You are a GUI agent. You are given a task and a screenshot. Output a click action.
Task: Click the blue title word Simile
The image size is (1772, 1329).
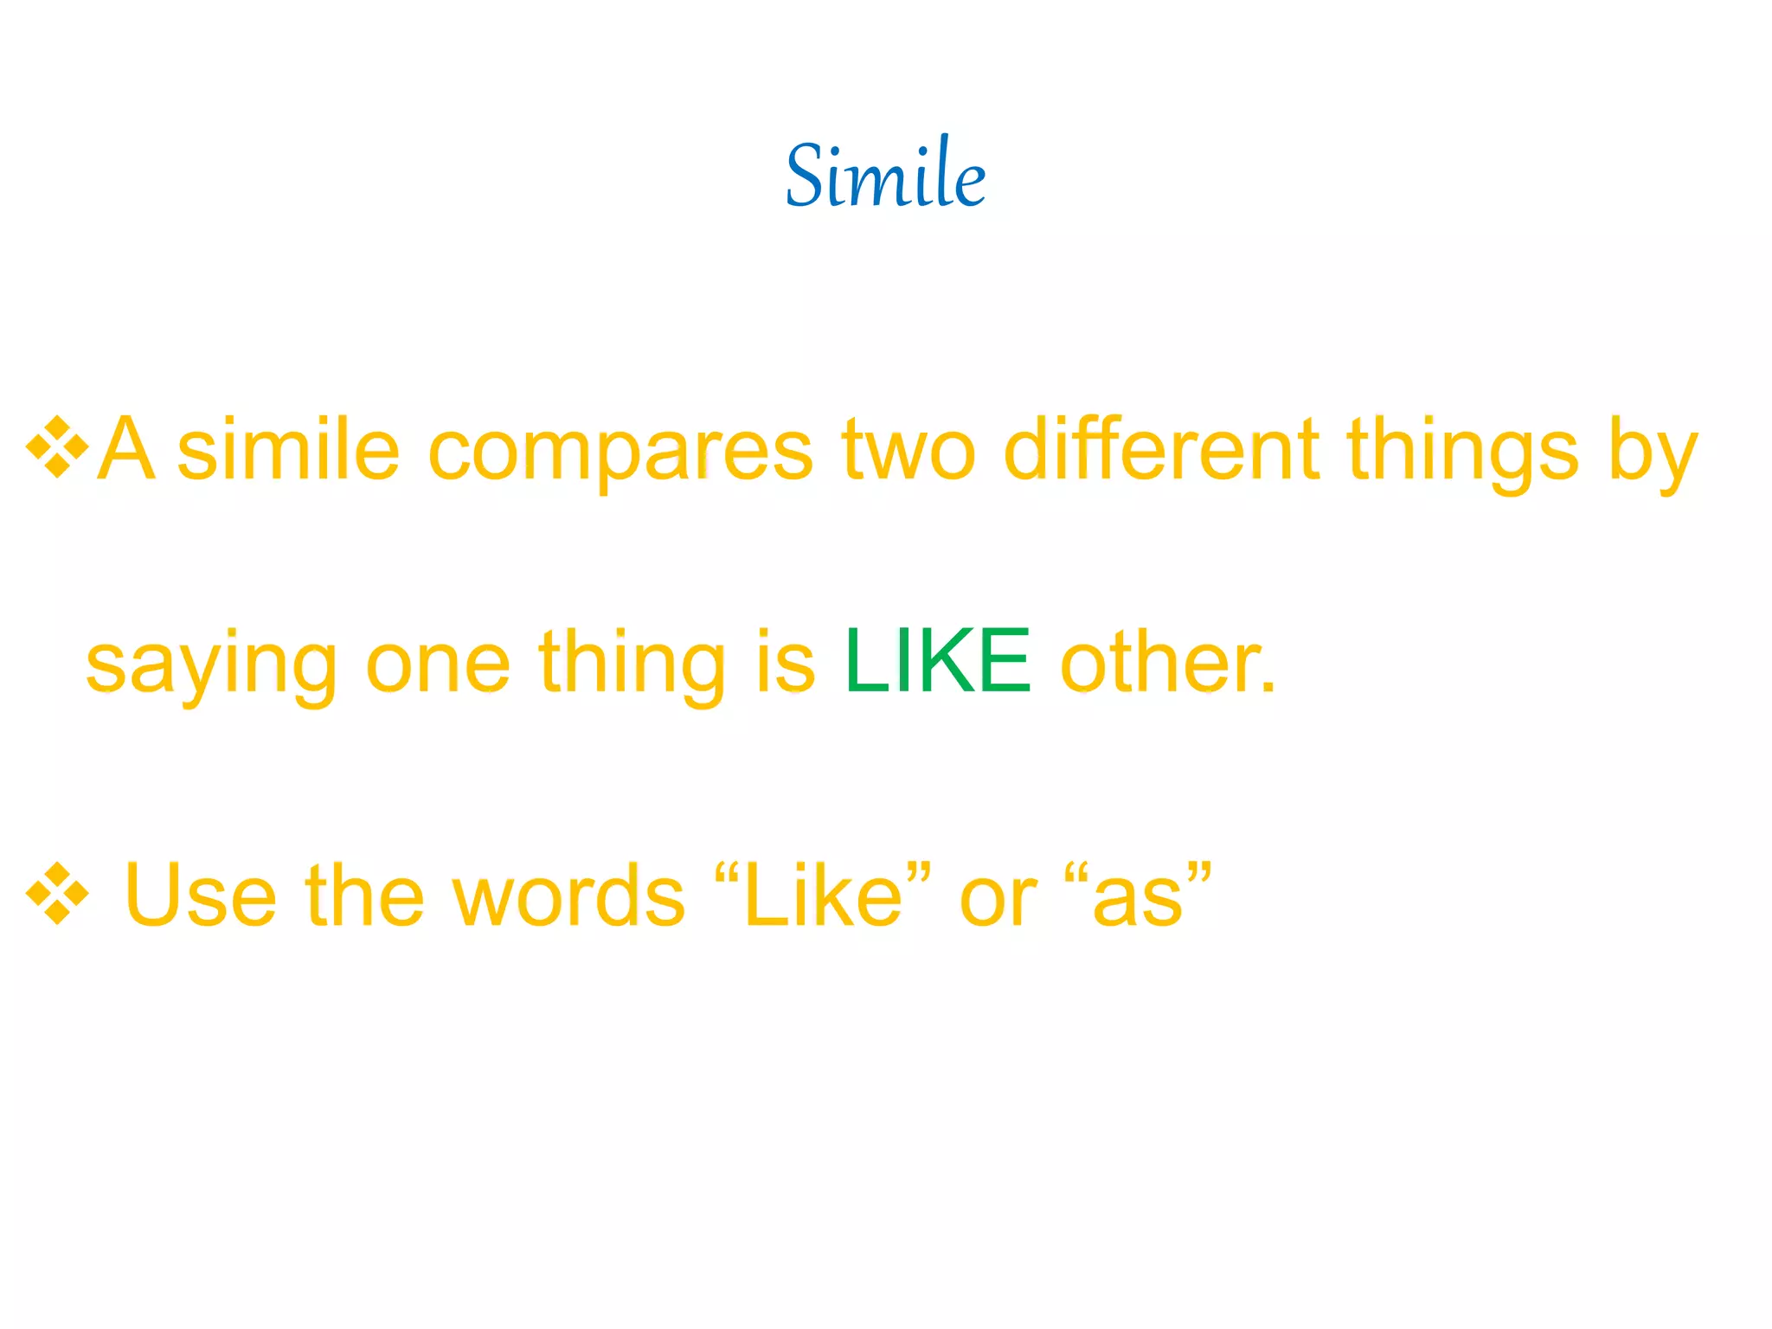coord(885,176)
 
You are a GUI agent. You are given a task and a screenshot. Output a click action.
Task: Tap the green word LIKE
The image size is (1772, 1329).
coord(938,662)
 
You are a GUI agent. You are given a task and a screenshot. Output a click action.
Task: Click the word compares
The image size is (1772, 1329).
coord(620,450)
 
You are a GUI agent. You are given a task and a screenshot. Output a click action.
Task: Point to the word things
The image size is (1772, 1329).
coord(1462,450)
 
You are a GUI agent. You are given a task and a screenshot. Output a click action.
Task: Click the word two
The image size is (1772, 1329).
coord(908,450)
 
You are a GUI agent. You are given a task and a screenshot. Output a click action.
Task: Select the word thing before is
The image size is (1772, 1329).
coord(632,664)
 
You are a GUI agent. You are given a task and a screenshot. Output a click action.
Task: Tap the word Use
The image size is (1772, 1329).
coord(200,896)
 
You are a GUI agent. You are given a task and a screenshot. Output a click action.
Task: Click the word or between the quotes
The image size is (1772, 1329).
coord(997,900)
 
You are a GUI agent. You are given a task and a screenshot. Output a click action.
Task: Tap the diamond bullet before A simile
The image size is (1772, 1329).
coord(57,447)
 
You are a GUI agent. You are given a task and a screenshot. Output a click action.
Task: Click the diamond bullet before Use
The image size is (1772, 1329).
coord(57,894)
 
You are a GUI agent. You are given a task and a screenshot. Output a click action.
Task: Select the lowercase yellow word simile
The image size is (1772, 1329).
coord(288,450)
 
